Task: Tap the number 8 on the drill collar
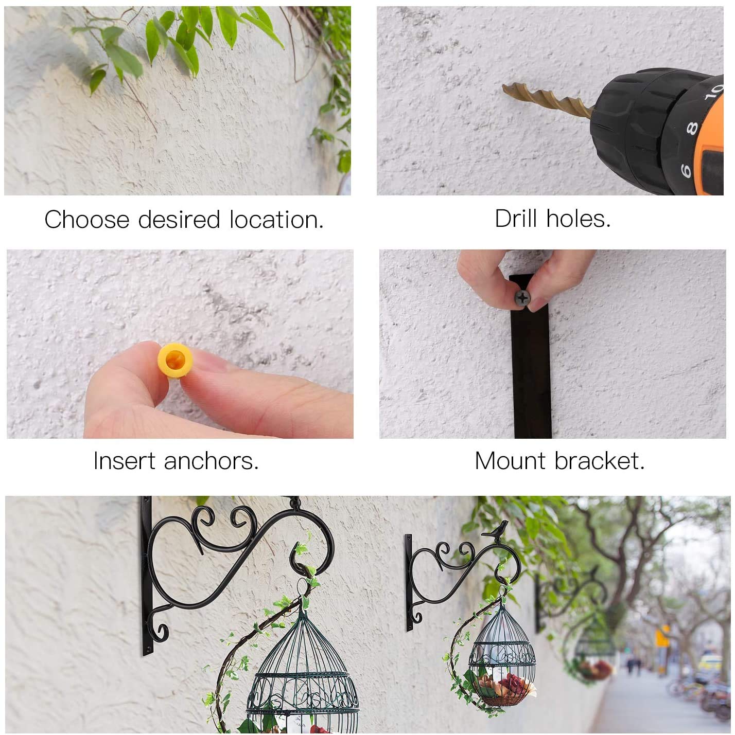(691, 129)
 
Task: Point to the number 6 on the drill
(686, 170)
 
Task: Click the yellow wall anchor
(175, 360)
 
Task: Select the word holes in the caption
(579, 219)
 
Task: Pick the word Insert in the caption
(124, 461)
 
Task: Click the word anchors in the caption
(211, 461)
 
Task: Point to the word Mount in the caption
(510, 461)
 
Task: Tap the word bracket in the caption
(600, 461)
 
